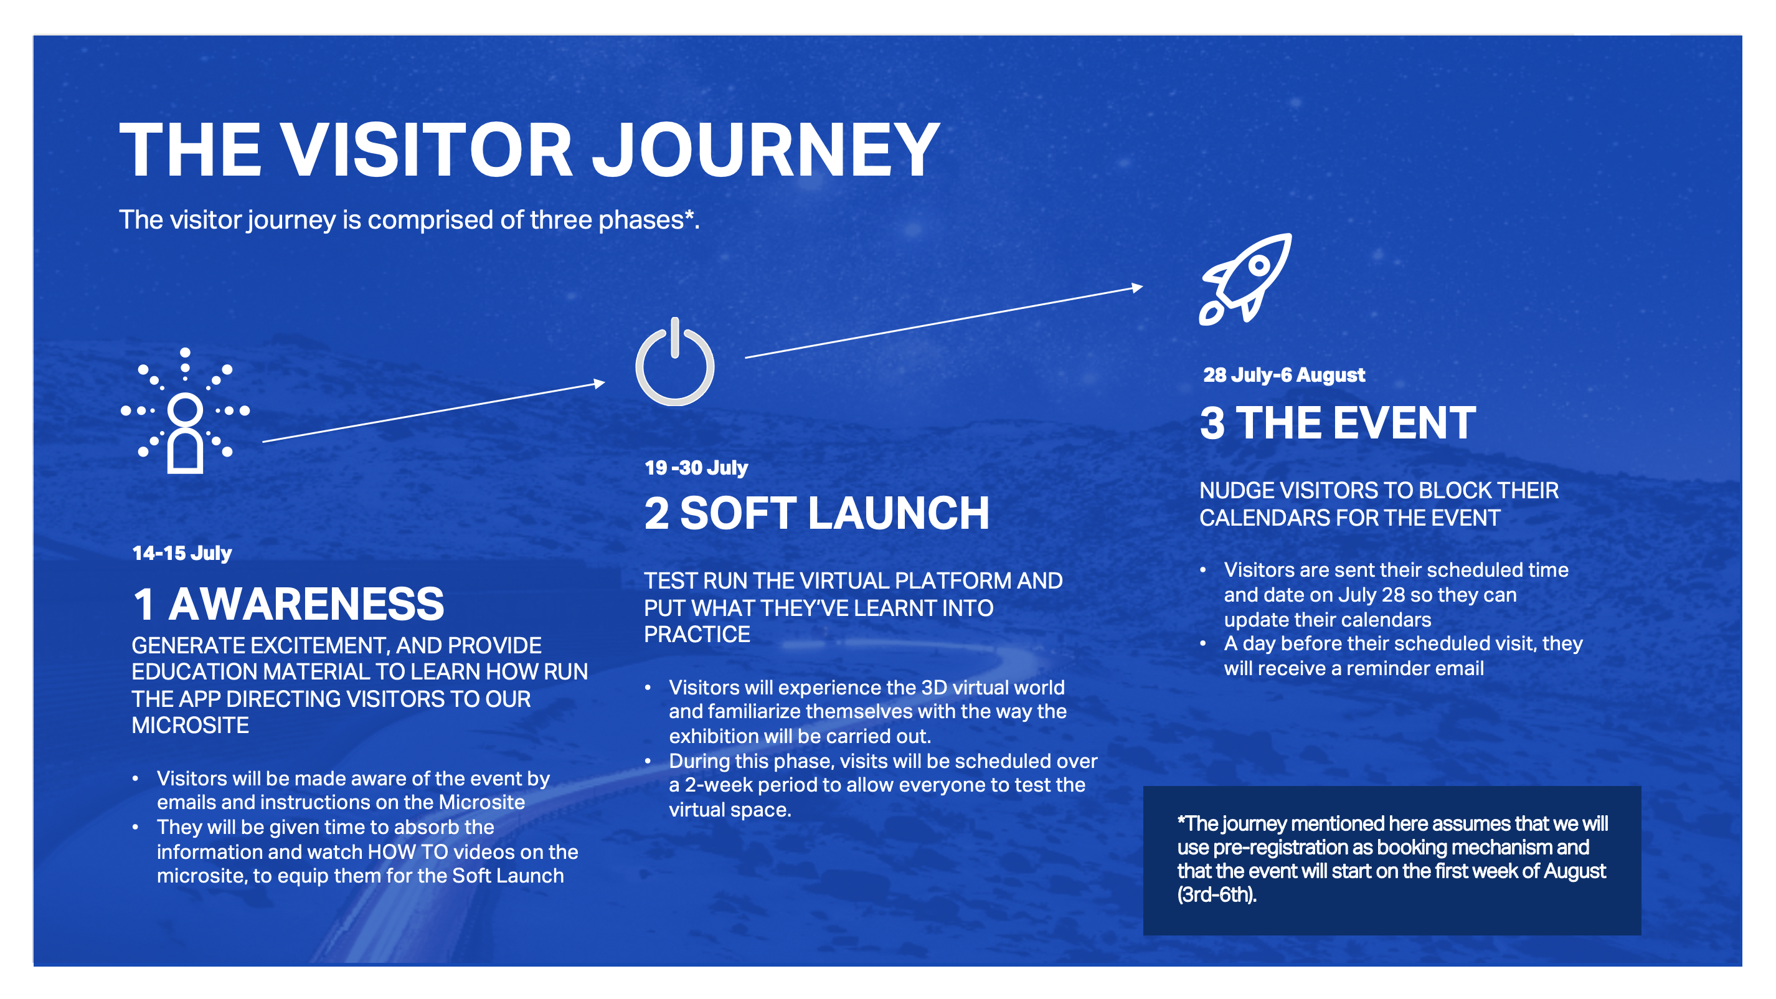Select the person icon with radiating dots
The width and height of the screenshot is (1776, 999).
tap(185, 411)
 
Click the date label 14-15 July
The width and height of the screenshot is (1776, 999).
tap(182, 553)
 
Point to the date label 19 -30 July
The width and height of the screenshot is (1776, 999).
tap(696, 468)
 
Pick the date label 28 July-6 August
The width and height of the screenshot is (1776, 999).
tap(1284, 374)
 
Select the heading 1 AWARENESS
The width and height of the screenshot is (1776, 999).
tap(288, 604)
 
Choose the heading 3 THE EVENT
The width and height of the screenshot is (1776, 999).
tap(1338, 423)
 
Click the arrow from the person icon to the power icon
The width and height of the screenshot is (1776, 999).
tap(433, 412)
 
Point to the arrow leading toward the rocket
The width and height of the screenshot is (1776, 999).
tap(944, 321)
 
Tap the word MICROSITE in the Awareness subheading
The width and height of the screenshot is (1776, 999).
tap(191, 726)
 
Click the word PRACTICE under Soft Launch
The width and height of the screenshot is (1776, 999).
tap(697, 634)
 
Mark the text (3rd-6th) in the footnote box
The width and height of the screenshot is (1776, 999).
tap(1217, 895)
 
